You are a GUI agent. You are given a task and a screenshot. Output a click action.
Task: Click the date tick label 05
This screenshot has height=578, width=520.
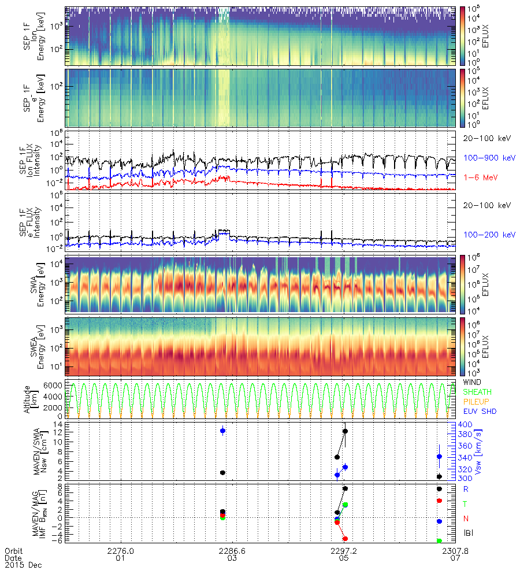point(344,558)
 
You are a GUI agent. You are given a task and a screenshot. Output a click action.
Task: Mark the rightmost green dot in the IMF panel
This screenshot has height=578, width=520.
point(440,540)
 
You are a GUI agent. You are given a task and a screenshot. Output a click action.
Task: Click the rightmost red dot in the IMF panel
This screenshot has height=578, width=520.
point(440,501)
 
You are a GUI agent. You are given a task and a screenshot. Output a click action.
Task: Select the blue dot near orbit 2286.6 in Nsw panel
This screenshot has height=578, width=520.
point(223,431)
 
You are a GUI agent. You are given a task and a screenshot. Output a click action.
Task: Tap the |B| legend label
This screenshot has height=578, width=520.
point(469,532)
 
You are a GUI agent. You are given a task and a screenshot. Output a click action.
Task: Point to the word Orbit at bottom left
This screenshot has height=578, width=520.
point(13,551)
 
